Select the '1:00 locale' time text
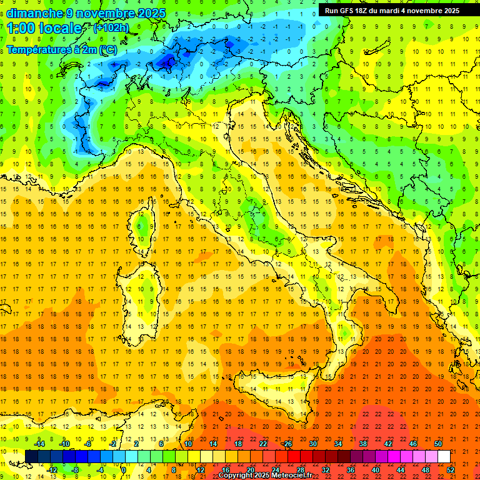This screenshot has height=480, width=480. click(44, 28)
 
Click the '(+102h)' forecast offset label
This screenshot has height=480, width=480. click(111, 27)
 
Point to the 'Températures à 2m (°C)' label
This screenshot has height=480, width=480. click(61, 49)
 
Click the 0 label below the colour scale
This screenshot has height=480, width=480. click(124, 470)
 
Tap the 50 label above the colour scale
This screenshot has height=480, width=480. click(437, 443)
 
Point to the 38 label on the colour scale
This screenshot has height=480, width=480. click(362, 443)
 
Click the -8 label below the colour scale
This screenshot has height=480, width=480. click(75, 470)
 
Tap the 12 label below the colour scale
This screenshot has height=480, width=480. click(200, 470)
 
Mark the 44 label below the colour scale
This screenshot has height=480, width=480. click(401, 470)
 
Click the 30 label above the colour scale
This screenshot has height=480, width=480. click(312, 443)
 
